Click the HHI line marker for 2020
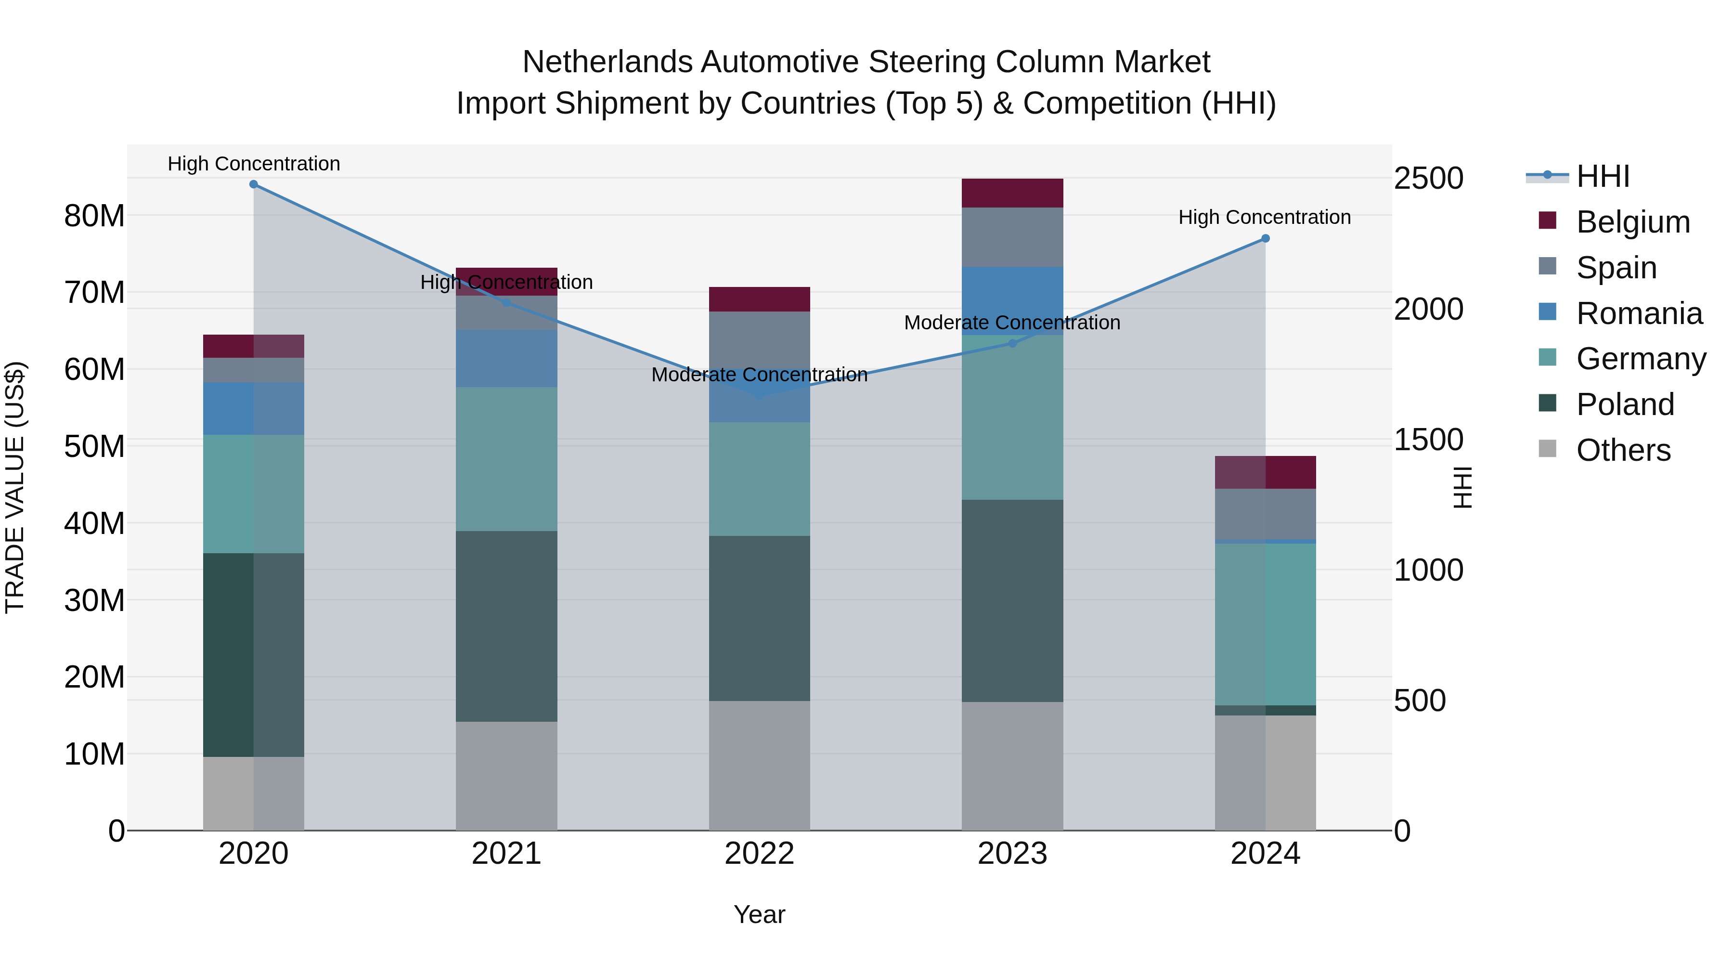[254, 184]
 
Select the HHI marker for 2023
[1012, 343]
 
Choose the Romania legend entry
[1639, 313]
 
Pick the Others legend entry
[1623, 450]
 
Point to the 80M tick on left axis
[94, 216]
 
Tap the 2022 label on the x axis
[760, 854]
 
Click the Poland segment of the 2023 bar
[1012, 600]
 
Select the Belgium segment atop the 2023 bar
[1012, 193]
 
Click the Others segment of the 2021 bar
[506, 776]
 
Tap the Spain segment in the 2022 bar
[760, 340]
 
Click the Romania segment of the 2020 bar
[254, 408]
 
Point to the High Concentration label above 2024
[1264, 217]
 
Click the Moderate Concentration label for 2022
[760, 375]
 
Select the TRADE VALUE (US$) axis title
[15, 487]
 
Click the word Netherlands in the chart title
[609, 62]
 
